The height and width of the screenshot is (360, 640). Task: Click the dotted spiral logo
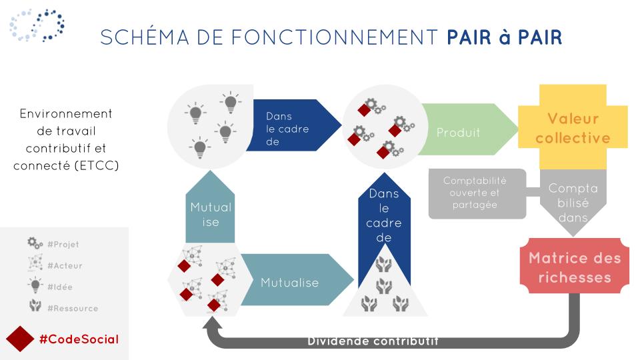tap(37, 25)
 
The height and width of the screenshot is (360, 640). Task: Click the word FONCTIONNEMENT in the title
tap(335, 37)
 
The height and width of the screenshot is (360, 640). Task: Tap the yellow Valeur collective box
tap(573, 127)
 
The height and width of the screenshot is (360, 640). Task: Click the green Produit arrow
tap(467, 129)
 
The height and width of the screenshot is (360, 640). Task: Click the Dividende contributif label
tap(373, 341)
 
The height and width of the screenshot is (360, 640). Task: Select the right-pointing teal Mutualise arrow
tap(297, 280)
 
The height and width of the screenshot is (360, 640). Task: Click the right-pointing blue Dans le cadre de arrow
tap(294, 125)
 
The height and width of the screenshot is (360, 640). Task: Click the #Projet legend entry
tap(53, 244)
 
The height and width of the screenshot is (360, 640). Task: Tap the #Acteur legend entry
tap(55, 265)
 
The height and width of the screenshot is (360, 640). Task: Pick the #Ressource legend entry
tap(63, 307)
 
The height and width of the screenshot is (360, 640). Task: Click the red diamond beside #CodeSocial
tap(19, 339)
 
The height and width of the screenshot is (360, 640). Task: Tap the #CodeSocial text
tap(79, 339)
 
